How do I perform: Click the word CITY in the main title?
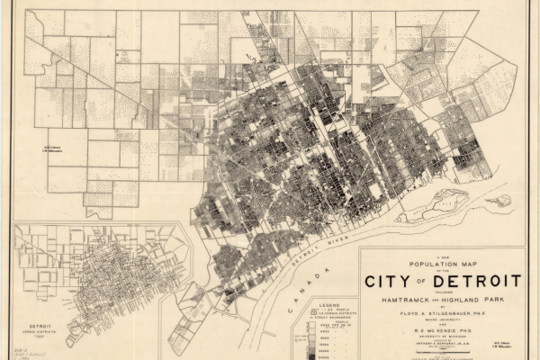[x=389, y=282]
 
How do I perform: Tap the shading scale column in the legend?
[x=309, y=342]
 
